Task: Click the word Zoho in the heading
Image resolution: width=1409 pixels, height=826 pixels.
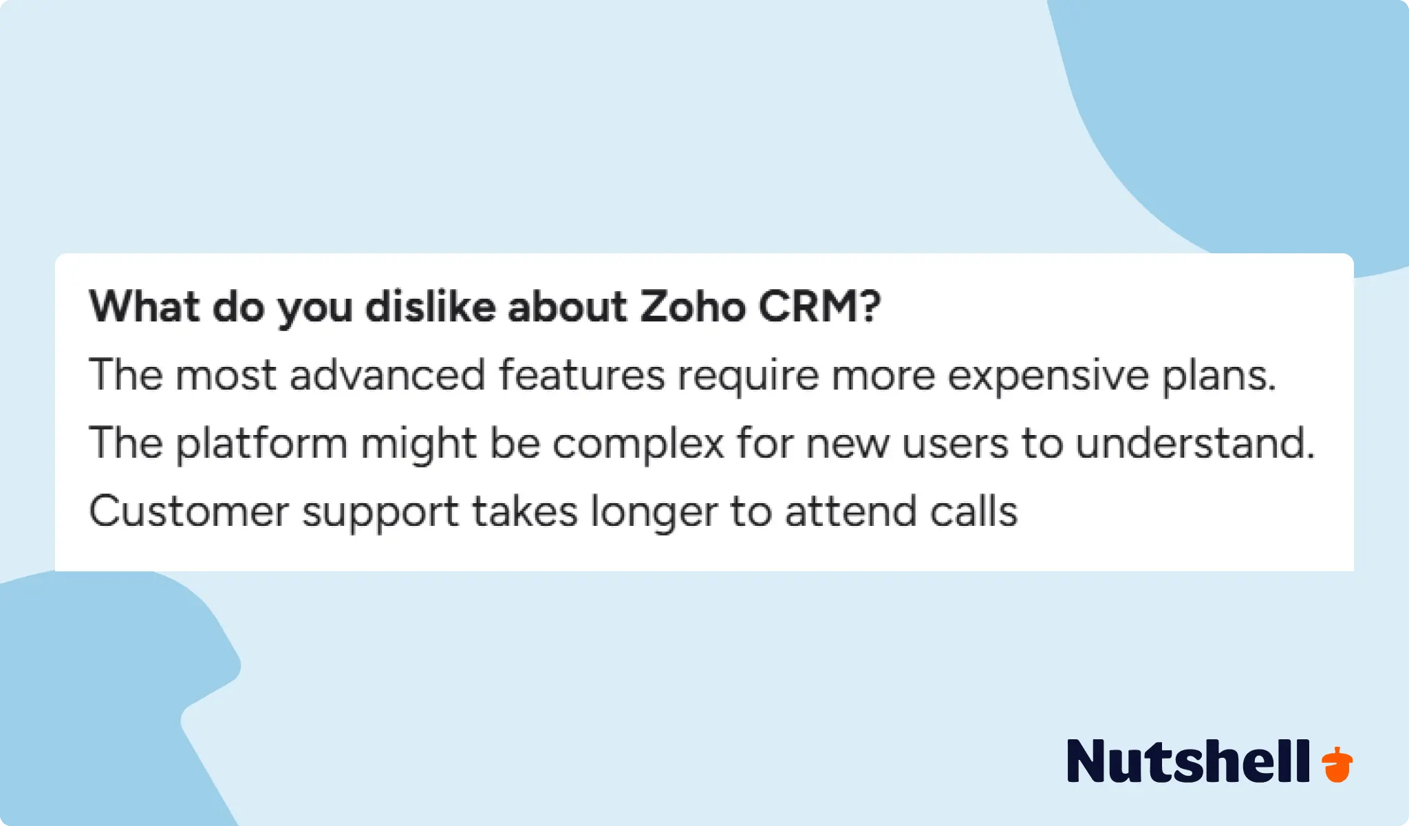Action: [x=693, y=306]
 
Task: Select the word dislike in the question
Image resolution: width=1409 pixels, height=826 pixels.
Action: [x=430, y=306]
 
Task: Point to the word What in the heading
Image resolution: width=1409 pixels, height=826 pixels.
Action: [x=144, y=306]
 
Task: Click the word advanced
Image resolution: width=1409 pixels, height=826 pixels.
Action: [x=387, y=375]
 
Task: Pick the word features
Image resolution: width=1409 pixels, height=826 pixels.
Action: [x=581, y=375]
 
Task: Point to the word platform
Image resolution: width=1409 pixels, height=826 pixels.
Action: [x=261, y=443]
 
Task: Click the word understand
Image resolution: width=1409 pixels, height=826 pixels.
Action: [x=1195, y=443]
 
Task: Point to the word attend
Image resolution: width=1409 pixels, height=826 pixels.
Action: [x=850, y=511]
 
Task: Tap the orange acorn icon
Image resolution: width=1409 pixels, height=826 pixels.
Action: [x=1337, y=764]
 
